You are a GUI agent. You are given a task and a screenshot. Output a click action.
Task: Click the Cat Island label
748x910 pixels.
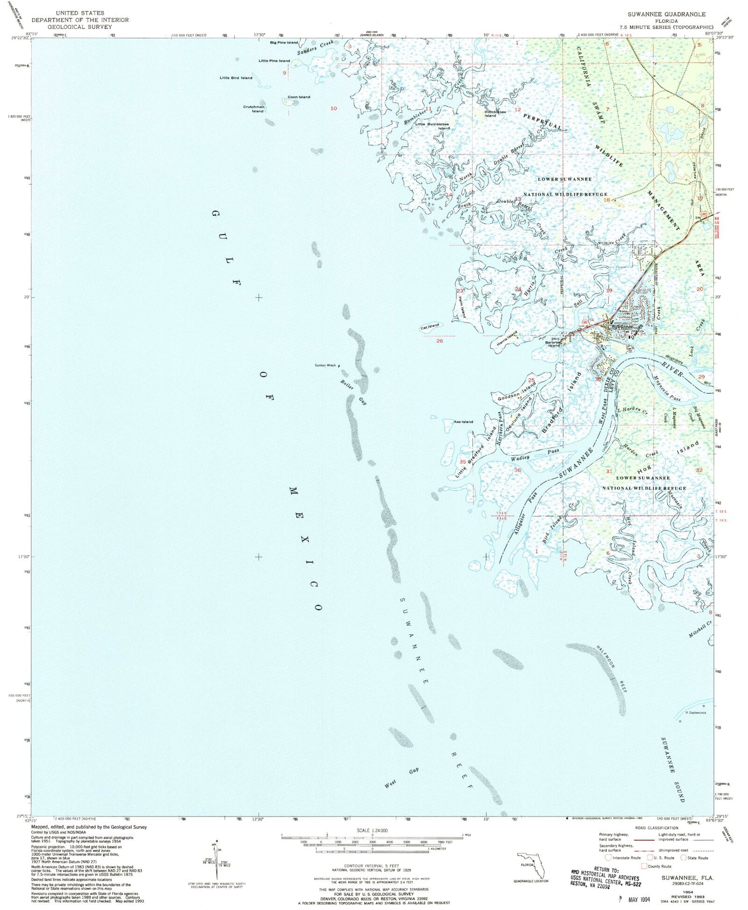(x=430, y=326)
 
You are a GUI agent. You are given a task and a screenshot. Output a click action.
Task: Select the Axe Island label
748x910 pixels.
(x=463, y=422)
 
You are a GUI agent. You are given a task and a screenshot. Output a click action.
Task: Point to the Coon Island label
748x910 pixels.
(x=299, y=97)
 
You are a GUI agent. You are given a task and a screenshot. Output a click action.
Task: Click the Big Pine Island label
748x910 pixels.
(x=284, y=43)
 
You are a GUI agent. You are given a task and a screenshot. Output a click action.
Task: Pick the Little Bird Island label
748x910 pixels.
(x=236, y=78)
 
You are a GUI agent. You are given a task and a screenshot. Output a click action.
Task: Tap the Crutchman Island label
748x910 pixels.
(x=254, y=109)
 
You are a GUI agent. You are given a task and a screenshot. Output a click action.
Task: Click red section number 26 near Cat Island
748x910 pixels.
(x=439, y=341)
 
